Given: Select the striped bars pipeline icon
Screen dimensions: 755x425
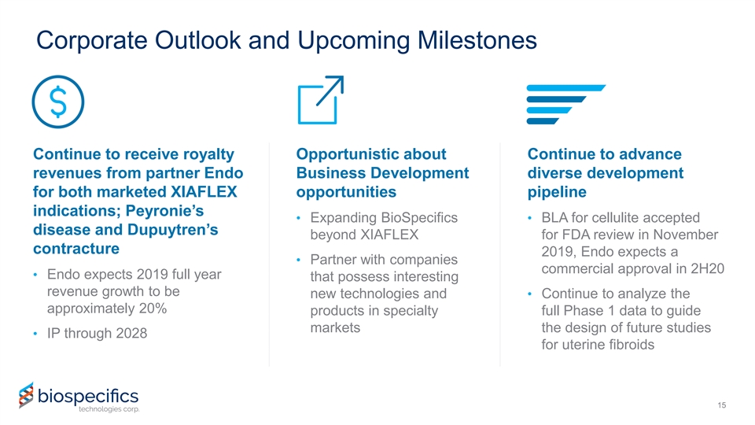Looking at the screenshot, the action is point(565,105).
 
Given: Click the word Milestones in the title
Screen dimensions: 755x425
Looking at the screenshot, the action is point(477,40).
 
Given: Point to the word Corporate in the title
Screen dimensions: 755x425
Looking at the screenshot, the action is point(92,40).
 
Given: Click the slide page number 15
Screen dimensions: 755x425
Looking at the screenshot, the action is point(721,405).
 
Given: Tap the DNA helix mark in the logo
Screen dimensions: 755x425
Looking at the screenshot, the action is point(27,396).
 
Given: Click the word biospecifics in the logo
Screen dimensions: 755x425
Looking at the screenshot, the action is point(88,396).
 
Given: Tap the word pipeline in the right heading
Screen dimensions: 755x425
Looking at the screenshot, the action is point(557,192).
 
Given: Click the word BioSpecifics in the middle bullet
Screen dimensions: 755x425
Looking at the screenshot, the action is point(419,218).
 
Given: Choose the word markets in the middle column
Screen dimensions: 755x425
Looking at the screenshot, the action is point(335,327).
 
